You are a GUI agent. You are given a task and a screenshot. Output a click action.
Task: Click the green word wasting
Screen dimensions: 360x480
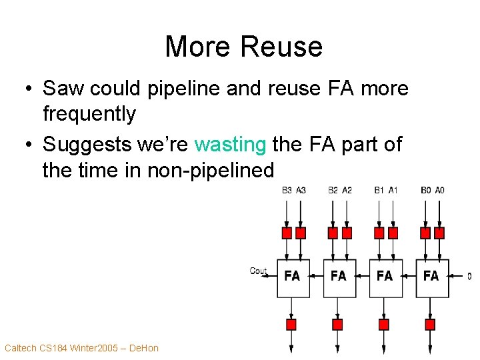230,144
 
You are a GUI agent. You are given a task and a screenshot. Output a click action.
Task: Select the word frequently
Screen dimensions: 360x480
89,114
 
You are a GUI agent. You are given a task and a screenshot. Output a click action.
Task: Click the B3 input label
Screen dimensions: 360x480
287,190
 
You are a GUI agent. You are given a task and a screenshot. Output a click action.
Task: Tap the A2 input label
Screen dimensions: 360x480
347,190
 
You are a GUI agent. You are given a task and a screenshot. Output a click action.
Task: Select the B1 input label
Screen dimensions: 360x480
379,190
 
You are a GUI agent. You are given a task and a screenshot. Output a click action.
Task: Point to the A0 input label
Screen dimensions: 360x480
439,190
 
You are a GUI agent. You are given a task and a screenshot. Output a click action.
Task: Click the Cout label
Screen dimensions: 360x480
259,271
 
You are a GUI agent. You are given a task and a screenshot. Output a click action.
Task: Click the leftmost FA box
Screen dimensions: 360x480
293,276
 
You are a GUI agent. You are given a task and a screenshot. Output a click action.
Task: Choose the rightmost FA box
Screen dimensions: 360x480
431,276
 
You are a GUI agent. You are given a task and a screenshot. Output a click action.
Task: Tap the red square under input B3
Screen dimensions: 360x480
287,233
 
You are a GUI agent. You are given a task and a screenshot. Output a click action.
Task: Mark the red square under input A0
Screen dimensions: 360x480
439,233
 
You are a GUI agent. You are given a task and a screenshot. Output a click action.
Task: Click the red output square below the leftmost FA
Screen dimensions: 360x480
291,325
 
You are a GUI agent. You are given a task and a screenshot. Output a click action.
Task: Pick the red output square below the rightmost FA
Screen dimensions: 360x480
430,325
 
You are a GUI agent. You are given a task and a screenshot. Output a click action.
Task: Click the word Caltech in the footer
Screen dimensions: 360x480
20,347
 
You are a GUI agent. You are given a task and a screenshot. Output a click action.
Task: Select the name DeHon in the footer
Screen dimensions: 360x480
143,347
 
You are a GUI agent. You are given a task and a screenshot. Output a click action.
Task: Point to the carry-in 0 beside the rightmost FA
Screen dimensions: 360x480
469,276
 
